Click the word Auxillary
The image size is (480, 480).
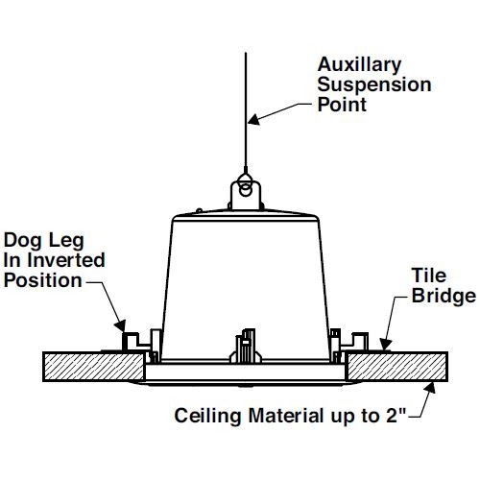[x=359, y=65]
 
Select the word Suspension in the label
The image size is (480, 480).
[x=374, y=84]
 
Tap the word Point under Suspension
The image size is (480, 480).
[x=342, y=105]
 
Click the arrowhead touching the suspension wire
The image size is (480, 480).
[x=254, y=119]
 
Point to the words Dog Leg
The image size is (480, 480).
[x=44, y=241]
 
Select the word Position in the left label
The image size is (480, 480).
[x=43, y=280]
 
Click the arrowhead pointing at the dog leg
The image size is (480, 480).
[x=120, y=325]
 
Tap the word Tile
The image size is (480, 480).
[x=429, y=276]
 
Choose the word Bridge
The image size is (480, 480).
[x=444, y=296]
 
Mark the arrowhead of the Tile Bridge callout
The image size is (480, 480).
[x=386, y=345]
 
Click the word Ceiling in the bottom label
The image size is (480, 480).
[x=207, y=416]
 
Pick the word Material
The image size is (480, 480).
[x=286, y=416]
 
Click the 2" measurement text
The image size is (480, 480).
[x=396, y=415]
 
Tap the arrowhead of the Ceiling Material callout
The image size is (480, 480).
[x=430, y=388]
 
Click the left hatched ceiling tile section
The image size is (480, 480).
[x=94, y=367]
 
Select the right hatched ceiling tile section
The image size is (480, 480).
[x=396, y=367]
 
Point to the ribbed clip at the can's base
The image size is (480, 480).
[x=246, y=347]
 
